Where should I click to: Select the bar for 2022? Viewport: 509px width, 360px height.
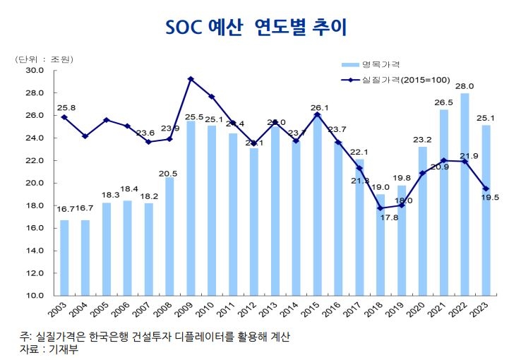point(464,194)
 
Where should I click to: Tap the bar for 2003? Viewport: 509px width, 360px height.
point(64,258)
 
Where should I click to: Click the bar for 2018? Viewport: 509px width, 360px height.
point(380,244)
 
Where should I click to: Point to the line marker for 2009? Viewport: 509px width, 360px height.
point(191,79)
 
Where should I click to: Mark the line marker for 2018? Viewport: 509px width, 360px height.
point(380,208)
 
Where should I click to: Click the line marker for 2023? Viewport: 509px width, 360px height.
point(485,188)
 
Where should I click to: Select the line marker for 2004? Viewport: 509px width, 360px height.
point(85,136)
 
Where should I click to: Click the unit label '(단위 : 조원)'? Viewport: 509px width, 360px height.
point(44,59)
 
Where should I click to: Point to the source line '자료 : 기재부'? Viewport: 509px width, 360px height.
point(49,349)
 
